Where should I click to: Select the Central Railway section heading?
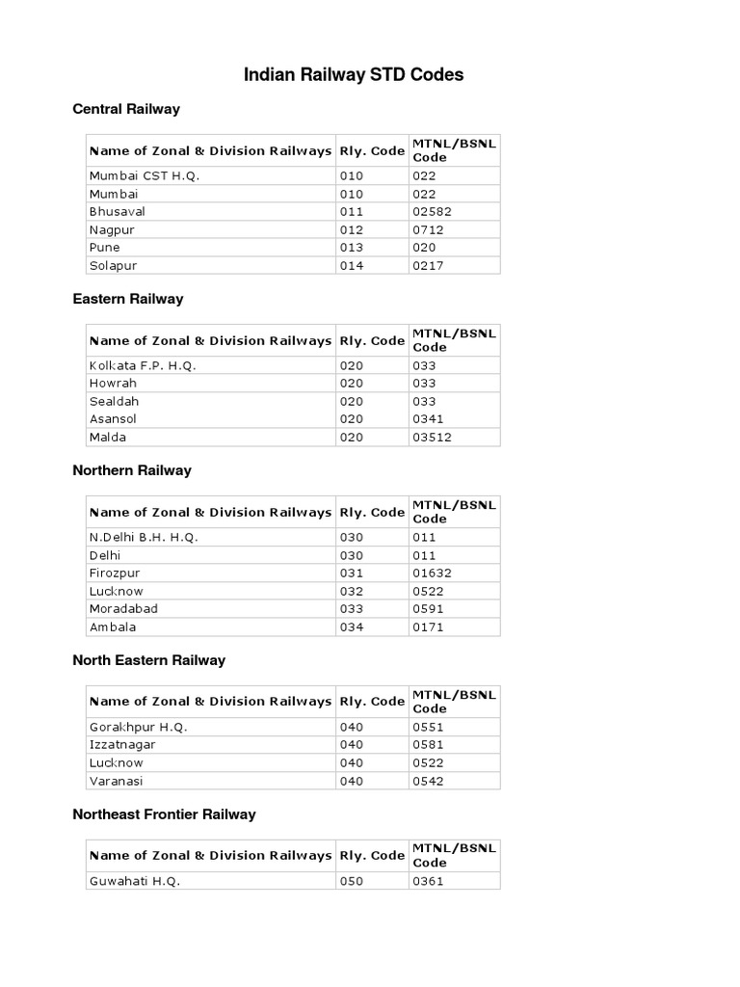click(126, 109)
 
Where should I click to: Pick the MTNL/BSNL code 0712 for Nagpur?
click(428, 229)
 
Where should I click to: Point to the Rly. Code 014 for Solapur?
click(351, 265)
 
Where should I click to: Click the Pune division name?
click(105, 248)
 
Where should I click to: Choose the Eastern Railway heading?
click(128, 299)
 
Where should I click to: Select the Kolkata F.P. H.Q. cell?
click(143, 366)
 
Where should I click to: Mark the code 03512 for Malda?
click(432, 438)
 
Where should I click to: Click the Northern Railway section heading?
click(132, 470)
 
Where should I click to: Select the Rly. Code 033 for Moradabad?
click(351, 609)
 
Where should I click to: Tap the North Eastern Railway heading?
click(149, 660)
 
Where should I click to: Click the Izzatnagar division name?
click(122, 745)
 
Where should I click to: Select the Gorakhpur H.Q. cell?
click(138, 727)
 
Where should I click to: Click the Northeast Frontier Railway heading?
click(165, 814)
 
